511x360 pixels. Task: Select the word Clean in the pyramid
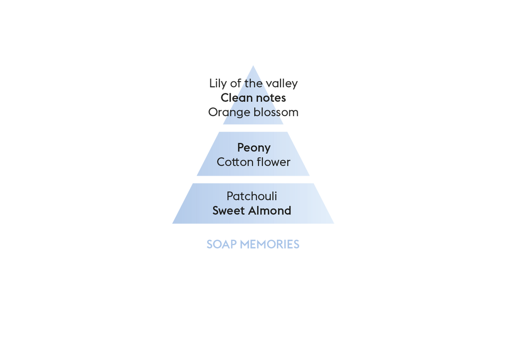(x=236, y=98)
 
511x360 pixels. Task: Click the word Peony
(x=254, y=148)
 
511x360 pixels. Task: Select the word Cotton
(x=233, y=162)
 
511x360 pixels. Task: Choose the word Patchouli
(x=252, y=196)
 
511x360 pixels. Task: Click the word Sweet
(x=228, y=210)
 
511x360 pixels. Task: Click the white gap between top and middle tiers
(x=253, y=128)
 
